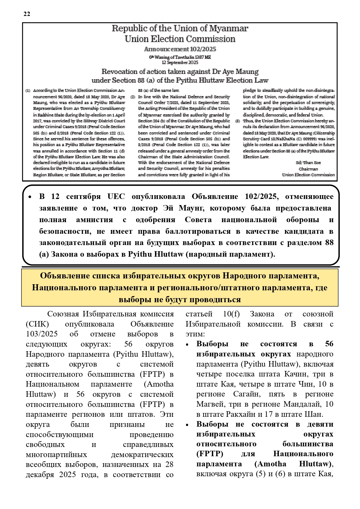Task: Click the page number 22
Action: click(x=27, y=14)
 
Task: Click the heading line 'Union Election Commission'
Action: click(x=180, y=39)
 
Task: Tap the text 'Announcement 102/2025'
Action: click(x=180, y=49)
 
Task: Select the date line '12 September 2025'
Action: click(x=180, y=62)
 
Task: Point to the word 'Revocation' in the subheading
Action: click(x=119, y=71)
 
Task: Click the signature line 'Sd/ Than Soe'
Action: click(x=308, y=163)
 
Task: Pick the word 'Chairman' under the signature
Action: click(x=308, y=169)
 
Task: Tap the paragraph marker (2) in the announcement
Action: click(x=133, y=97)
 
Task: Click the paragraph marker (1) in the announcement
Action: click(x=28, y=90)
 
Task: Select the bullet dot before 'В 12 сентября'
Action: click(x=30, y=197)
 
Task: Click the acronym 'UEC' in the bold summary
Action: click(x=116, y=196)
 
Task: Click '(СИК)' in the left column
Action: click(x=37, y=324)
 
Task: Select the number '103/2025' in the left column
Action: click(x=42, y=334)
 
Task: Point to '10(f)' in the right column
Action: click(x=231, y=314)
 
